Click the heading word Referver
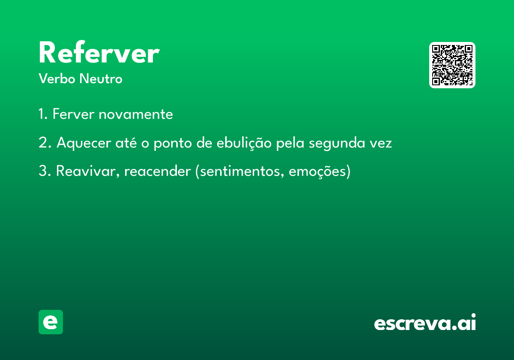click(x=99, y=53)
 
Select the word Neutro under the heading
click(x=101, y=78)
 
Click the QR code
click(x=452, y=65)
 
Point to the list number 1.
click(x=43, y=114)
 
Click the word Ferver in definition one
click(x=73, y=114)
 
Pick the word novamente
click(x=136, y=114)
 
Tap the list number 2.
click(x=45, y=143)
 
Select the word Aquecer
click(x=84, y=143)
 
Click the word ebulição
click(x=244, y=143)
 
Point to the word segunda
click(x=337, y=143)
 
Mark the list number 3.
click(x=45, y=171)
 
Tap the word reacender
click(x=158, y=171)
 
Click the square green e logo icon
click(x=51, y=322)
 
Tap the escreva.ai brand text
click(x=425, y=322)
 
